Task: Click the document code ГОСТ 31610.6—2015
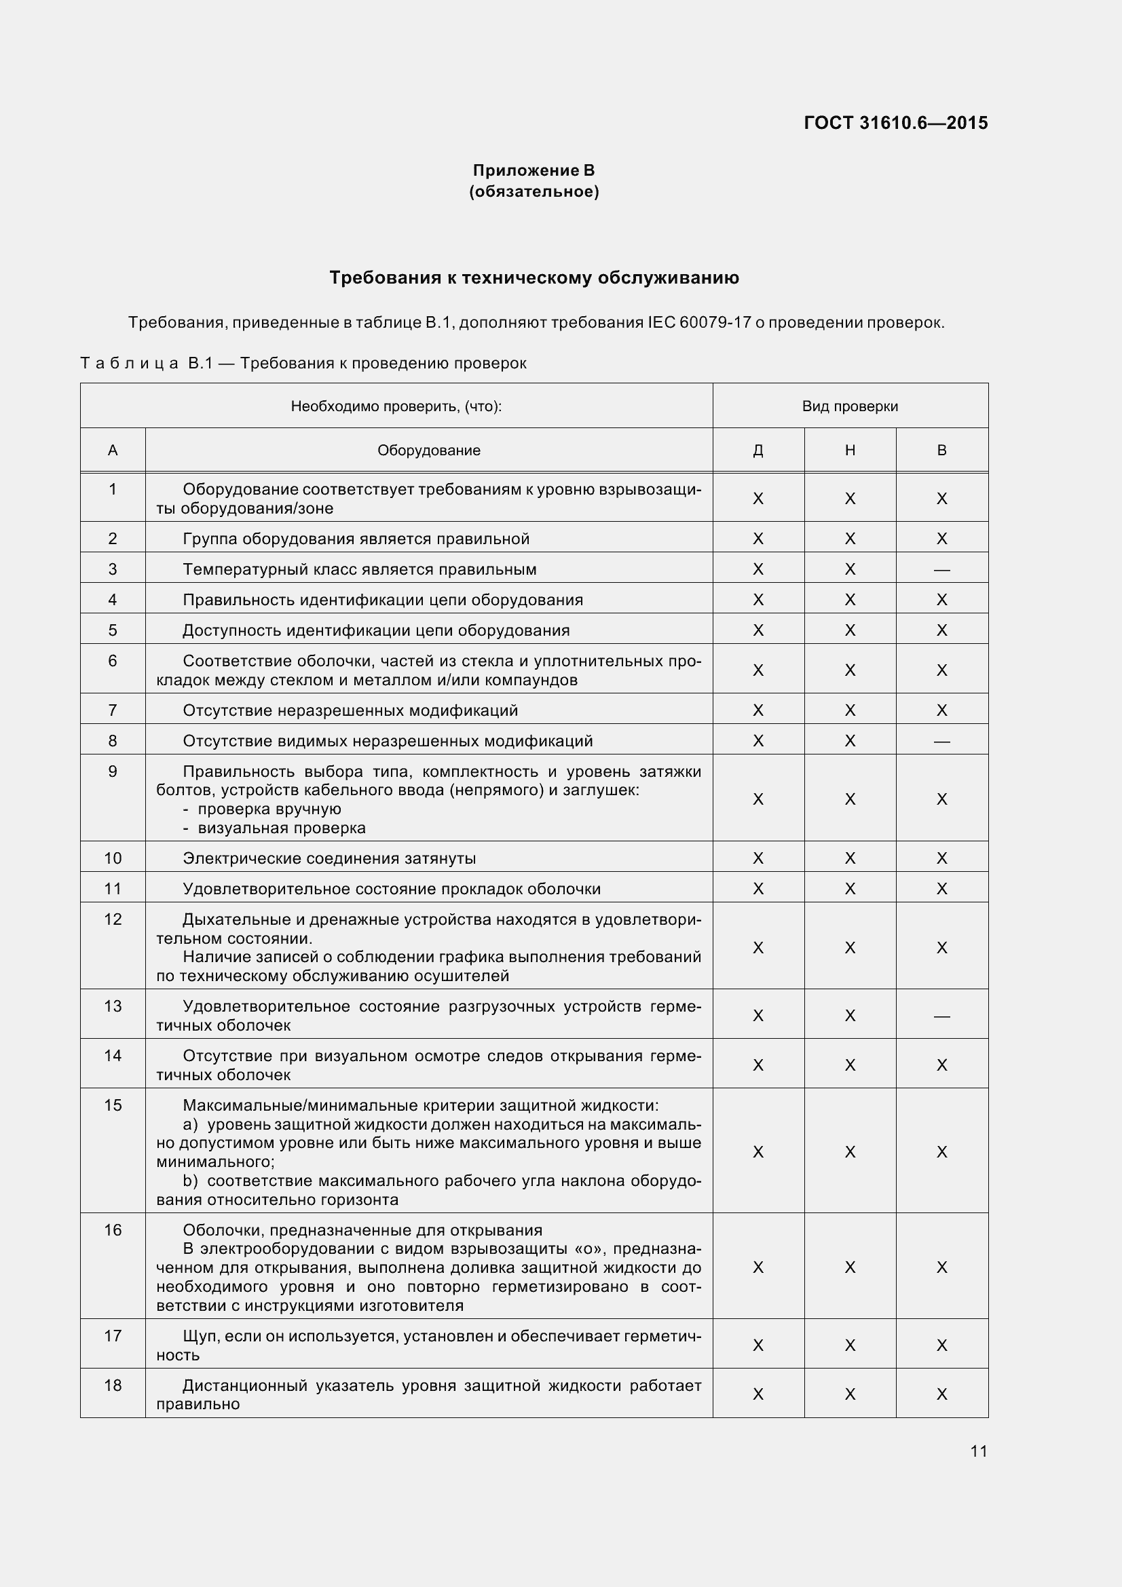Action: [895, 123]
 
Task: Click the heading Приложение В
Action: [533, 170]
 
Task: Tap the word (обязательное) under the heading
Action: [533, 191]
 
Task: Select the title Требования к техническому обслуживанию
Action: [534, 278]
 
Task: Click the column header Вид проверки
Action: [850, 406]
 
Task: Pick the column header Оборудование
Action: [428, 451]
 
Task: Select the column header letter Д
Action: [758, 451]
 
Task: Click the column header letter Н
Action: [850, 451]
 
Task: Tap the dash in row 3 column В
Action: [941, 570]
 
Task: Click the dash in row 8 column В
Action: [941, 742]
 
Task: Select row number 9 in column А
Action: [113, 771]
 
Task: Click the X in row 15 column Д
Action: [758, 1152]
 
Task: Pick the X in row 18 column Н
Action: [850, 1394]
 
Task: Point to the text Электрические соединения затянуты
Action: [329, 858]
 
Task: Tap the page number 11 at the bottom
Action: [978, 1451]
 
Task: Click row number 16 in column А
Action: [113, 1230]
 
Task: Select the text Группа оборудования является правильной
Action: [356, 539]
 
